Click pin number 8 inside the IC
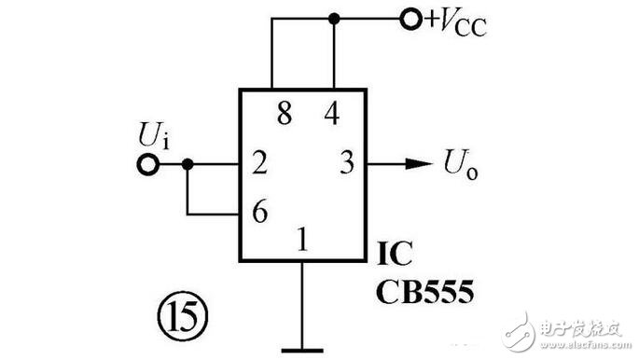tap(285, 113)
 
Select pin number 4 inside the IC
tap(332, 113)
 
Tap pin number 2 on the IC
tap(259, 162)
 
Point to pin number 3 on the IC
tap(347, 162)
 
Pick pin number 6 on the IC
tap(260, 211)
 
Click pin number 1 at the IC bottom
tap(302, 239)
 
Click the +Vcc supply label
tap(456, 21)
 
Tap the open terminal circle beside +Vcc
tap(410, 19)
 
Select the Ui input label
tap(154, 135)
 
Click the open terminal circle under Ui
tap(147, 164)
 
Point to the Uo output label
tap(461, 164)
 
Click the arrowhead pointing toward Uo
tap(419, 164)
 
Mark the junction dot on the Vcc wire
tap(334, 19)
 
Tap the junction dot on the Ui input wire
tap(188, 164)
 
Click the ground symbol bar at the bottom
tap(302, 351)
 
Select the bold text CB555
tap(425, 291)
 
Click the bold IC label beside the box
tap(395, 253)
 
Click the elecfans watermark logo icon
tap(519, 331)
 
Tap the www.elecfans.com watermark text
tap(585, 345)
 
